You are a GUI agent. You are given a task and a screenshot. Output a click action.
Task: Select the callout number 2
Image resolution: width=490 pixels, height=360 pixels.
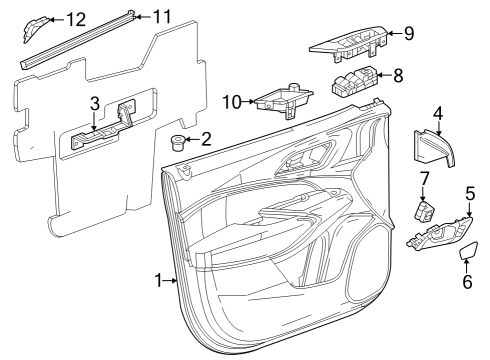[206, 138]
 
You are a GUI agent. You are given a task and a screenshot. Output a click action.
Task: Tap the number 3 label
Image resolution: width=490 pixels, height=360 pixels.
[94, 103]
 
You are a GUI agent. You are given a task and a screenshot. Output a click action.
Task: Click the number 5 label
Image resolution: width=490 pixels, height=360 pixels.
[470, 192]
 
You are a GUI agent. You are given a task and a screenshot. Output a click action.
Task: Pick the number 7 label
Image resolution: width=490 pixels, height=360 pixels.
[424, 178]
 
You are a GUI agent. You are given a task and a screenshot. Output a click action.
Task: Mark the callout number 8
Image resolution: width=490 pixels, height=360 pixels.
[397, 74]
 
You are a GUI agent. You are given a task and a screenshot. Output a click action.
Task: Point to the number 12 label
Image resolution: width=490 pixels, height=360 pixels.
[75, 19]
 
